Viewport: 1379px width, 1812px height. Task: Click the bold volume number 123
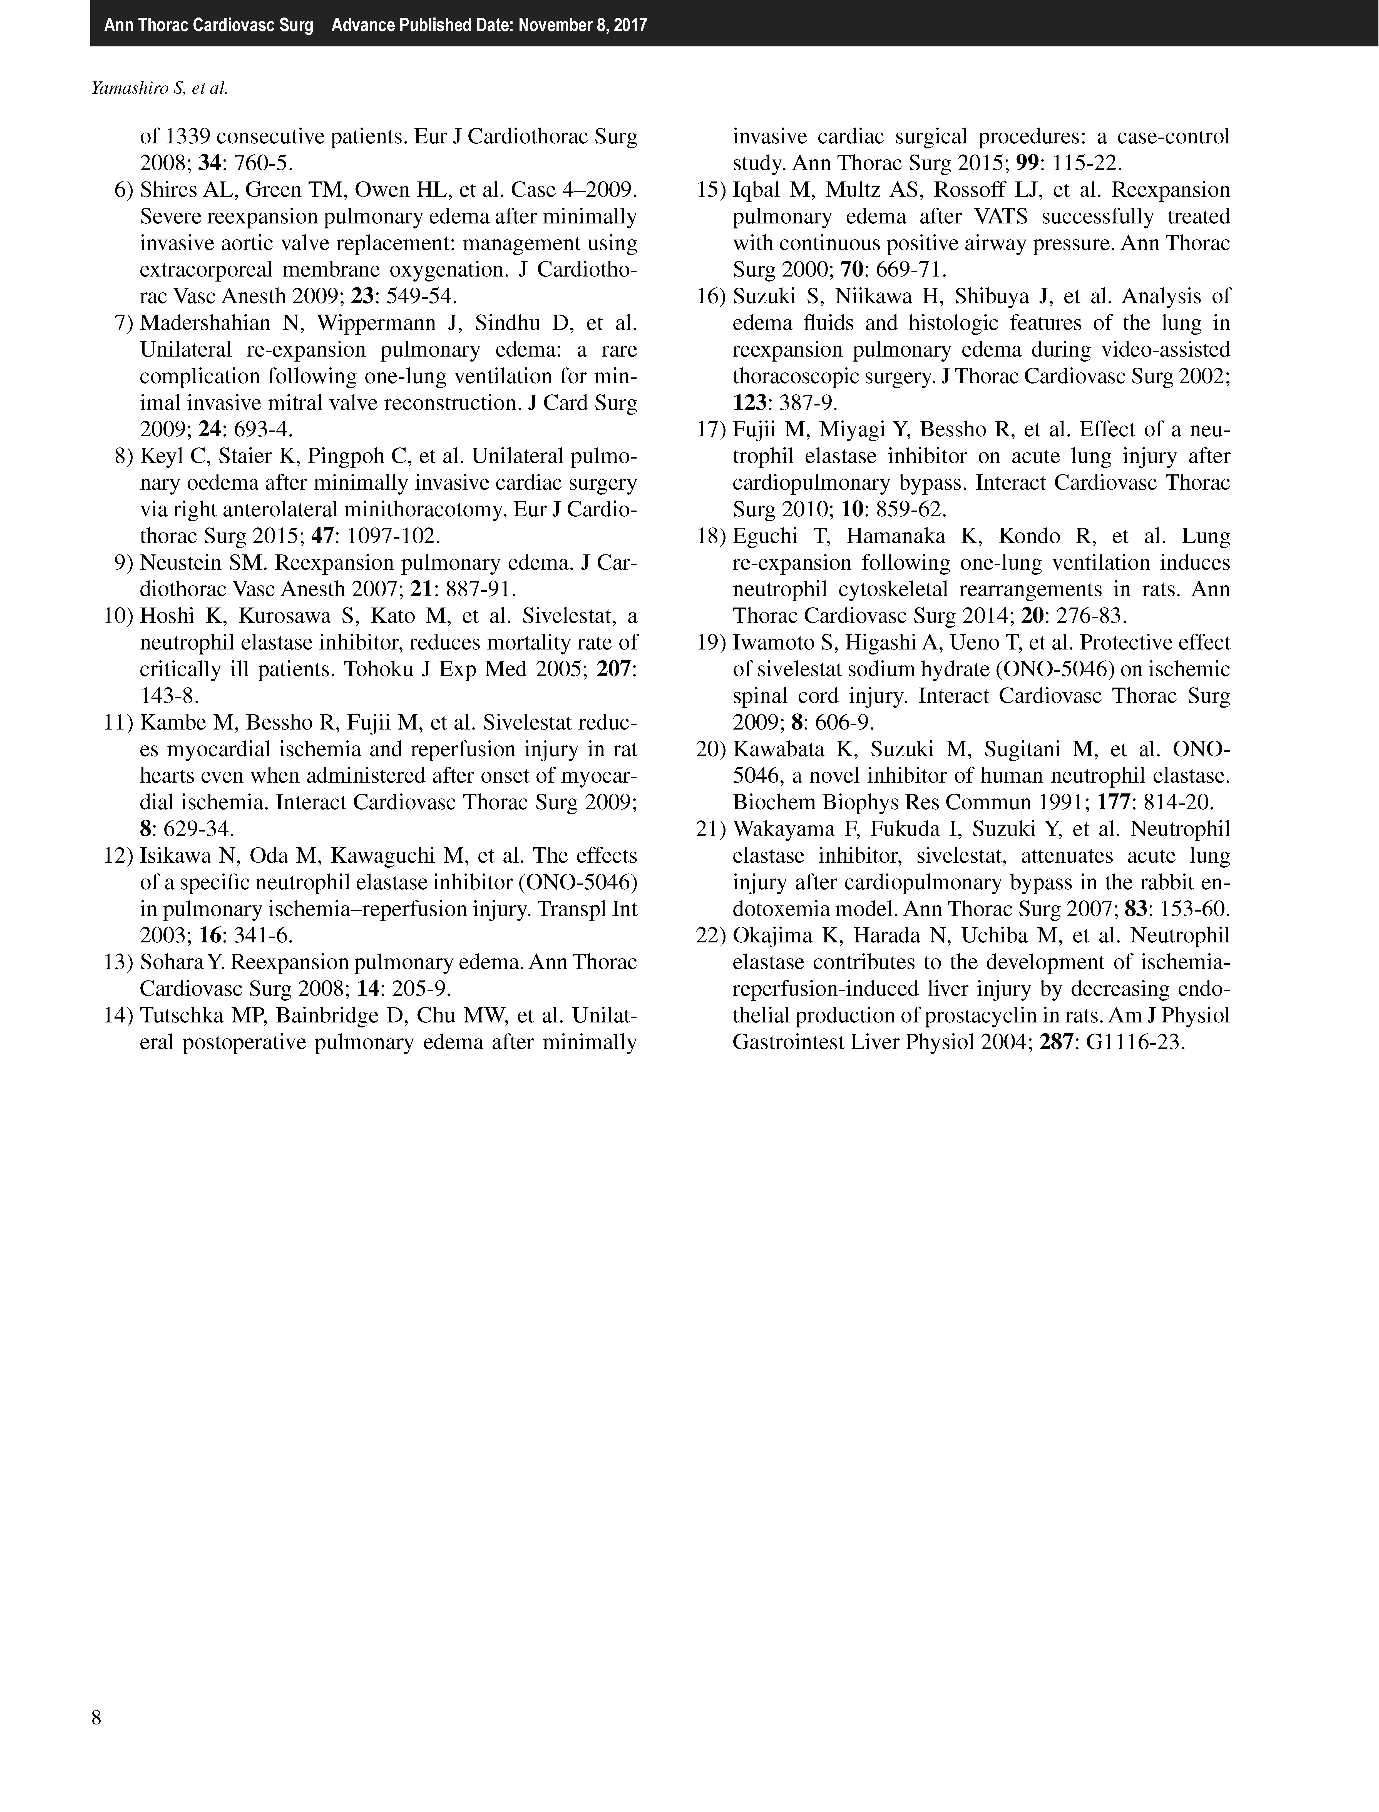749,403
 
